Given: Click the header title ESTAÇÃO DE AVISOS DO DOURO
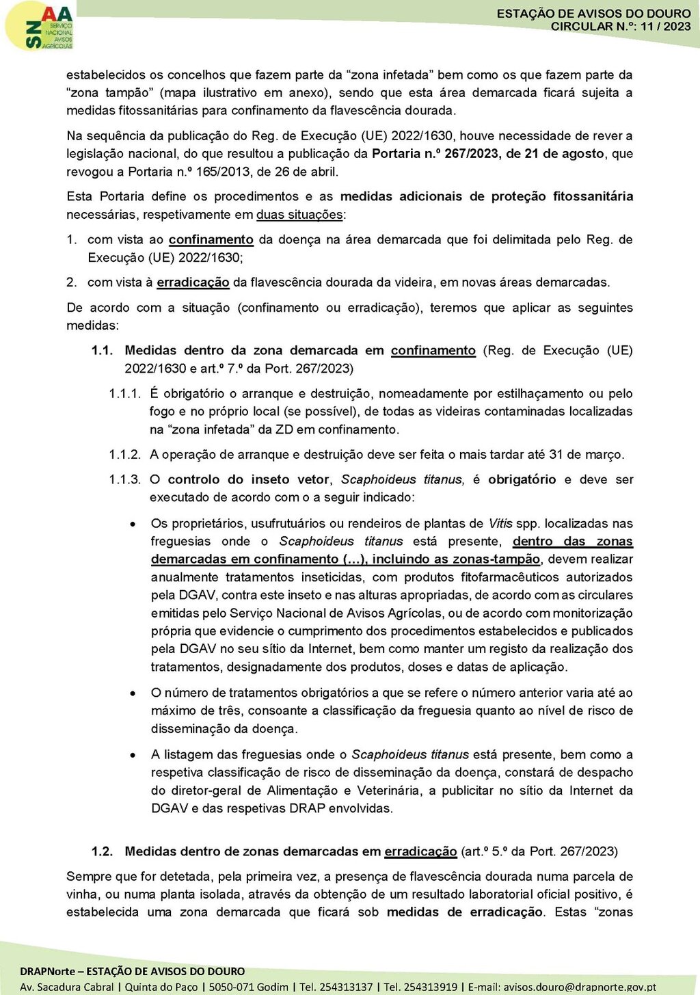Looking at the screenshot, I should [x=593, y=14].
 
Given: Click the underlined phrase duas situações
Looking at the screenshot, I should [x=299, y=215].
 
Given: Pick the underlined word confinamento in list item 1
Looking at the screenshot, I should [x=211, y=240].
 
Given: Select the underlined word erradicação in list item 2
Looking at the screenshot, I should [x=193, y=282].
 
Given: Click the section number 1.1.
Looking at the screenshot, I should [x=102, y=351].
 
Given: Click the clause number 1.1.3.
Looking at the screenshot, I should [x=124, y=480].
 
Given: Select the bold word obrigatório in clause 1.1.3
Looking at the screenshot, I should [x=522, y=480].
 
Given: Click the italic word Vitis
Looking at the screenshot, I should [x=500, y=524].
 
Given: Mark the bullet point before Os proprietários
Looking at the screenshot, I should [x=133, y=525].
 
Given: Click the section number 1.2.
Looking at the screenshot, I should [x=102, y=851].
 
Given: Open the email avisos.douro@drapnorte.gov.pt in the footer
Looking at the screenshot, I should [x=579, y=987].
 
